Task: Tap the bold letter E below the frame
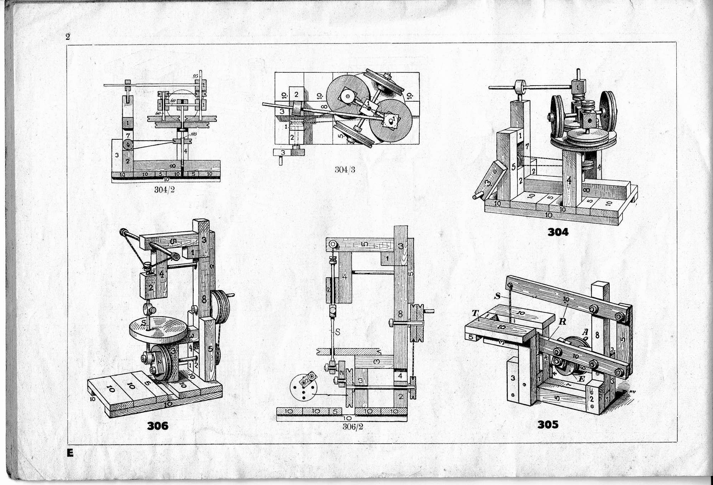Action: [x=70, y=453]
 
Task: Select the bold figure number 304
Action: [x=558, y=232]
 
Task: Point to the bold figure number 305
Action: [x=548, y=424]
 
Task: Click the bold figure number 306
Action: [x=158, y=426]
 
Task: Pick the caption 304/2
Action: [x=164, y=190]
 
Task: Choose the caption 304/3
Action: [x=345, y=170]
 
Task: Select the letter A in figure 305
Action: [x=585, y=331]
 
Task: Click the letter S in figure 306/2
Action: [x=337, y=332]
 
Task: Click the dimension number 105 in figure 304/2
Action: [x=194, y=134]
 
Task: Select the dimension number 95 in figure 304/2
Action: [x=195, y=76]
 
